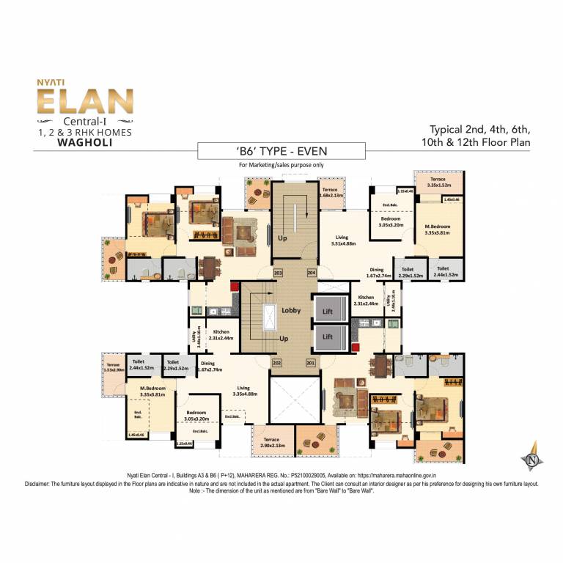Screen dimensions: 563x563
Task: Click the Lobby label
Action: tap(291, 310)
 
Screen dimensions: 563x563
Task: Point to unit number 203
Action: tap(278, 273)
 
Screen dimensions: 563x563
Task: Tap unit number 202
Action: tap(277, 363)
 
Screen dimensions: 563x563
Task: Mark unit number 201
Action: tap(309, 363)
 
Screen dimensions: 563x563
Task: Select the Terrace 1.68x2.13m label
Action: tap(338, 192)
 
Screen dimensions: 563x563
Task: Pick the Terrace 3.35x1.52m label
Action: tap(438, 183)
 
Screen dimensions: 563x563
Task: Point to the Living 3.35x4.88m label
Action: tap(243, 391)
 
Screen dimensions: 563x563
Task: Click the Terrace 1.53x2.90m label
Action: tap(113, 367)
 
